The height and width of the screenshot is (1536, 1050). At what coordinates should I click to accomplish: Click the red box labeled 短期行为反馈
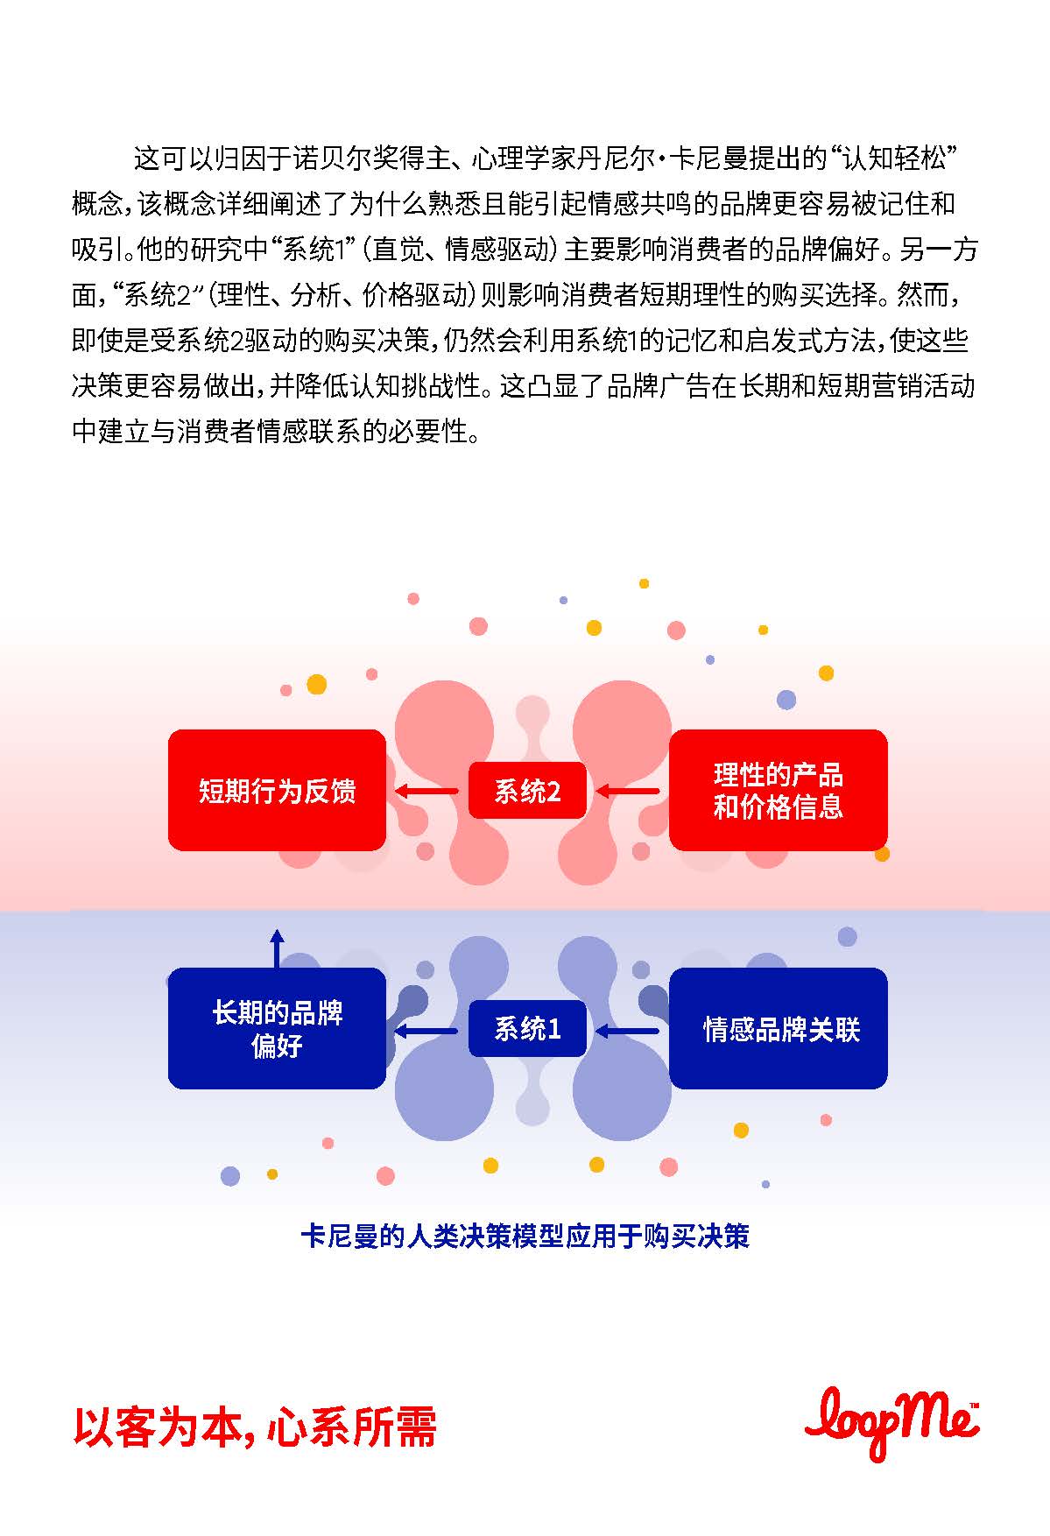pos(277,790)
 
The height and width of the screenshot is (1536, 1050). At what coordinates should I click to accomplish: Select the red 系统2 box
pos(527,791)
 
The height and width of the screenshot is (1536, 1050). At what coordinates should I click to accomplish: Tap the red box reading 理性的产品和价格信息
pos(778,790)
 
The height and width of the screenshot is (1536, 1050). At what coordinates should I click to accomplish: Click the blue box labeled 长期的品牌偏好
pos(277,1028)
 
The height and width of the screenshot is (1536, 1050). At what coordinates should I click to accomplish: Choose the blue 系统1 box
pos(527,1029)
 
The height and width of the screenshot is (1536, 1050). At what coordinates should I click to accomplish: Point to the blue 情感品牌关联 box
pos(778,1028)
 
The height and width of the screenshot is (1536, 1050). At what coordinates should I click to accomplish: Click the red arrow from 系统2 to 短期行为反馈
pos(426,792)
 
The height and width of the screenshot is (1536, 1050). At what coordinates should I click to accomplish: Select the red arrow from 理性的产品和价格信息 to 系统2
pos(627,792)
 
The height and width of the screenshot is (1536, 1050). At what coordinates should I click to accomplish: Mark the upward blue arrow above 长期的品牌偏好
pos(277,948)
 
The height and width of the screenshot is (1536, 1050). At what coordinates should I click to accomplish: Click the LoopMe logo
pos(891,1424)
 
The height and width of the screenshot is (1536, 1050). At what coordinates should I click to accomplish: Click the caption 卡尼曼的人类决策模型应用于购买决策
pos(525,1237)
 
